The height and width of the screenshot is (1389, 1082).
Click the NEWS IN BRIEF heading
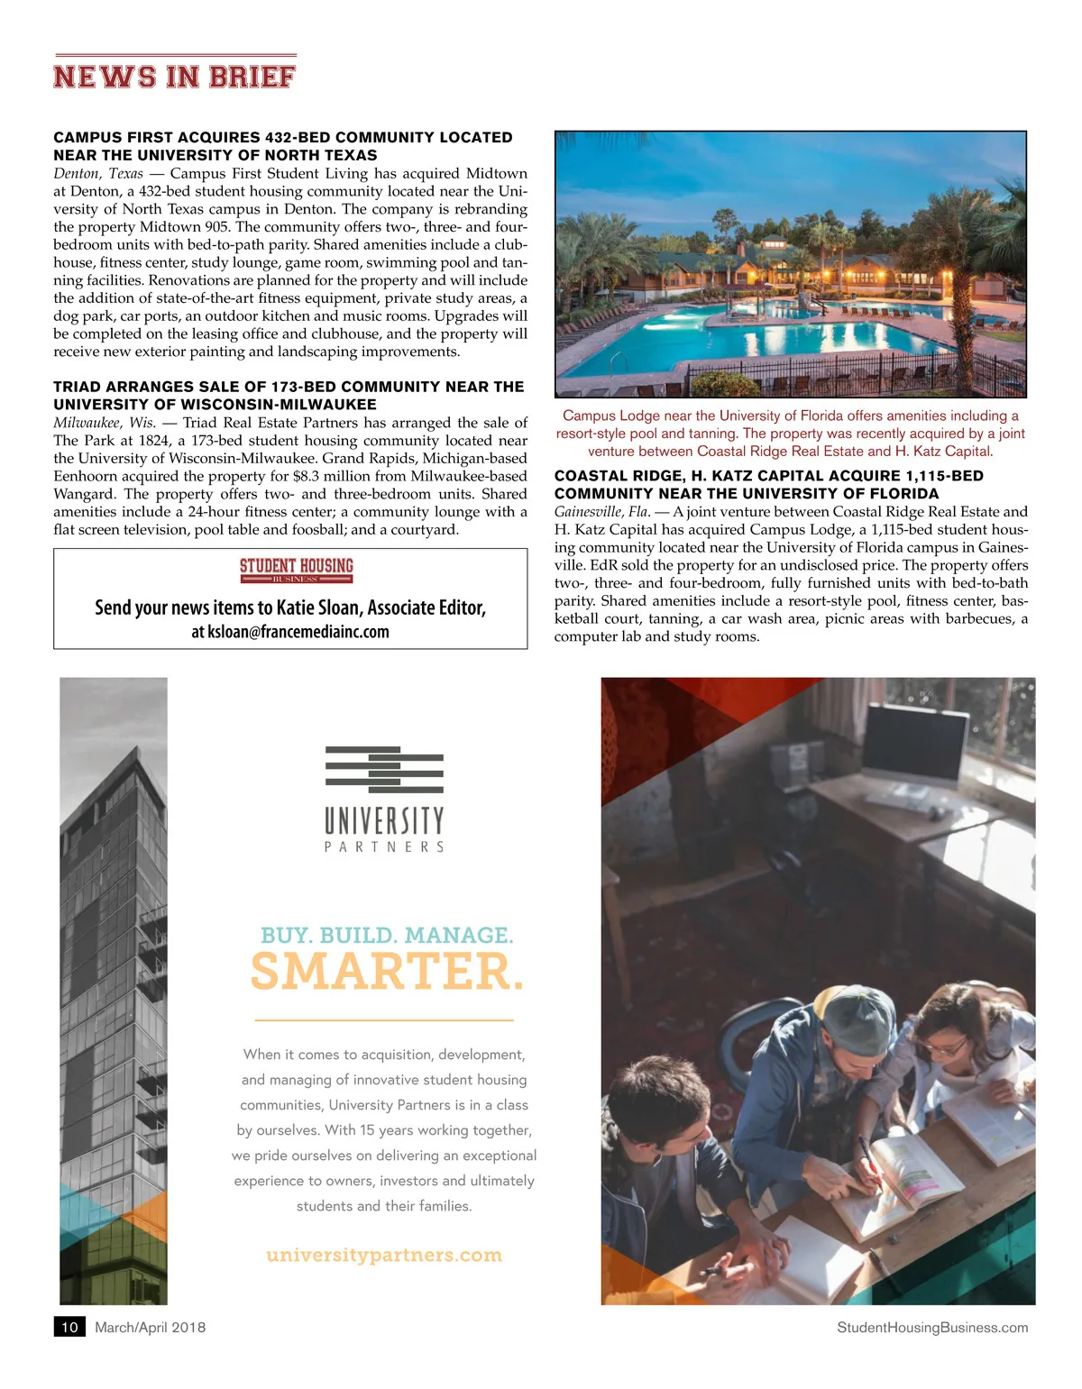tap(174, 77)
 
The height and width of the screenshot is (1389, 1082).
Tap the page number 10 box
tap(69, 1327)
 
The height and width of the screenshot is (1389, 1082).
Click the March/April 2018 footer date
tap(150, 1327)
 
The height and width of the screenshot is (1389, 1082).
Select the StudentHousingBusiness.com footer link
tap(932, 1327)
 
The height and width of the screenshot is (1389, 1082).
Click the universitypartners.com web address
tap(384, 1255)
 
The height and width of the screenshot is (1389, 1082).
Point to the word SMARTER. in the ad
tap(387, 972)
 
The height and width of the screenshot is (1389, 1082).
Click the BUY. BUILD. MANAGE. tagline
tap(387, 935)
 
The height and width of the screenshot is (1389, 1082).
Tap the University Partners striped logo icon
tap(384, 771)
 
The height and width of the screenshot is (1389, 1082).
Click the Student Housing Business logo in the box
tap(296, 569)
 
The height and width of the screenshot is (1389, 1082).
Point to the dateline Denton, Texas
tap(98, 173)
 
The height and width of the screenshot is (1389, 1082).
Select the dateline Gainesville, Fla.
tap(602, 512)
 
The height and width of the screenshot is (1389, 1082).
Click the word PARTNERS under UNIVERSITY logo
tap(384, 847)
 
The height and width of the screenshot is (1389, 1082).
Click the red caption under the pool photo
tap(790, 434)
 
